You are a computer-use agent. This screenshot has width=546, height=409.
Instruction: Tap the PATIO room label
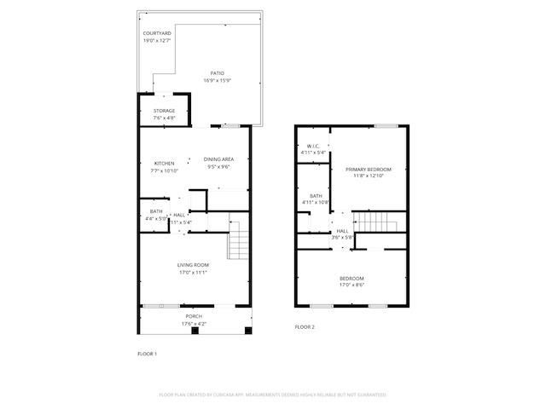(218, 74)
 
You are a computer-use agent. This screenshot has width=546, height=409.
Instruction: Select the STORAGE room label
(164, 111)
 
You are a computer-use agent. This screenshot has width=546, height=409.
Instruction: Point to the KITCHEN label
(164, 164)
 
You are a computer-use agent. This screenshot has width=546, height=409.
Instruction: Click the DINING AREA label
(218, 159)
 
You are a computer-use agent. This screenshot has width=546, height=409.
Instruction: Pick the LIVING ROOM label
(193, 265)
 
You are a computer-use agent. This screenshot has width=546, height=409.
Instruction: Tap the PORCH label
(194, 317)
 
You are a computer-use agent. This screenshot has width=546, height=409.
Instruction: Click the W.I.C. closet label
(312, 146)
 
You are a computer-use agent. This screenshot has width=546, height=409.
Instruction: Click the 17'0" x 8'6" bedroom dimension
(351, 285)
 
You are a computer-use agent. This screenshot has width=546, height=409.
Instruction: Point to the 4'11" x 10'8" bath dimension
(316, 202)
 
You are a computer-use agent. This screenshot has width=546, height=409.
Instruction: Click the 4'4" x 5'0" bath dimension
(156, 218)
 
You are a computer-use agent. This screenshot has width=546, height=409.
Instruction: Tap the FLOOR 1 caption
(148, 353)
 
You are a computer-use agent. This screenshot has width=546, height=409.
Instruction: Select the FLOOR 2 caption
(305, 327)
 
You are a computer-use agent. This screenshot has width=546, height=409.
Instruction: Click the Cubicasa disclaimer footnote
(273, 395)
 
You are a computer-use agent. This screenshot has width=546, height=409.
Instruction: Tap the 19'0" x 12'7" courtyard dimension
(156, 39)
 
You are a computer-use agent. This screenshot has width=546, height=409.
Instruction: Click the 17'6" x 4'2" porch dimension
(194, 324)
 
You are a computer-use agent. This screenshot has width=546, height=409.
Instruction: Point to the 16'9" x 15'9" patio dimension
(218, 81)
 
